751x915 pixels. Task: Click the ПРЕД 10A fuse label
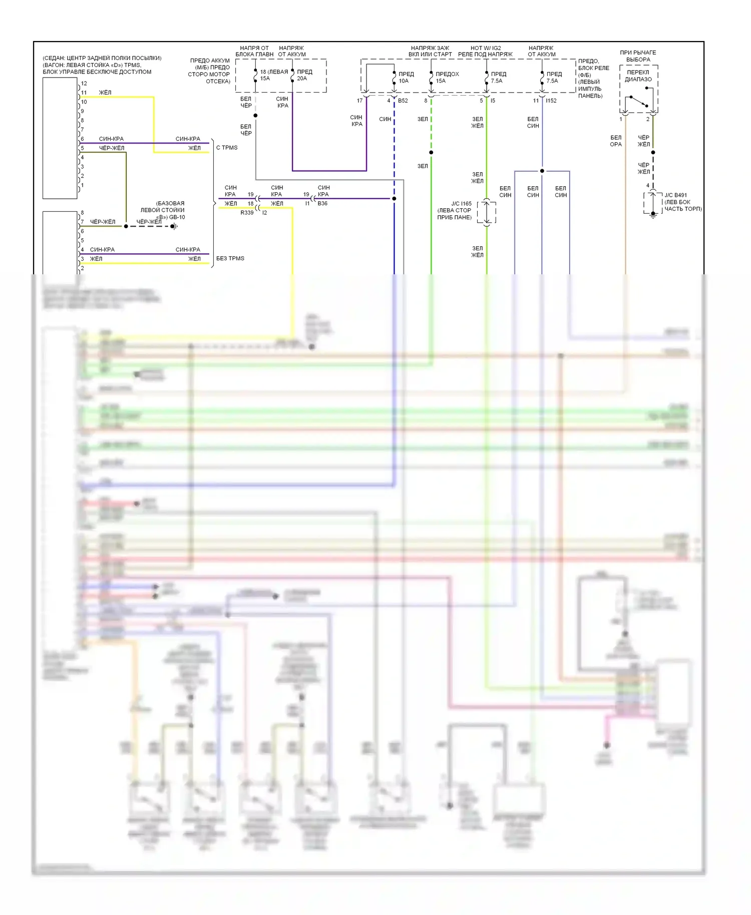coord(406,78)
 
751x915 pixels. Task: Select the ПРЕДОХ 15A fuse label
coord(447,78)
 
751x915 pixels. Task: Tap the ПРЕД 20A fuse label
coord(304,75)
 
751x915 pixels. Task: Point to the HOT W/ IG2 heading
coord(485,48)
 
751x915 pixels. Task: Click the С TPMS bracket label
coord(227,148)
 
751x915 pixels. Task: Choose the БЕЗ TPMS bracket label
coord(230,258)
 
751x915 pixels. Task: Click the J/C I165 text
coord(461,204)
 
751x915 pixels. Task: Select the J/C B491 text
coord(675,195)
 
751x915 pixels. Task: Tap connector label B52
coord(403,101)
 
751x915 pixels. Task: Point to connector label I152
coord(551,101)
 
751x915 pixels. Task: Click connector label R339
coord(247,213)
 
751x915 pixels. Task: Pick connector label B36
coord(322,204)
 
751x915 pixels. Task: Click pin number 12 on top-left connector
coord(84,84)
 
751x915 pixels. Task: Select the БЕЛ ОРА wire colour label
coord(615,141)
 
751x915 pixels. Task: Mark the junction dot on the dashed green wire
coord(431,152)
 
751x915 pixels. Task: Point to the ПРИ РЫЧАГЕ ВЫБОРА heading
coord(638,56)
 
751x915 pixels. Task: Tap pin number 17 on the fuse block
coord(359,101)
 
